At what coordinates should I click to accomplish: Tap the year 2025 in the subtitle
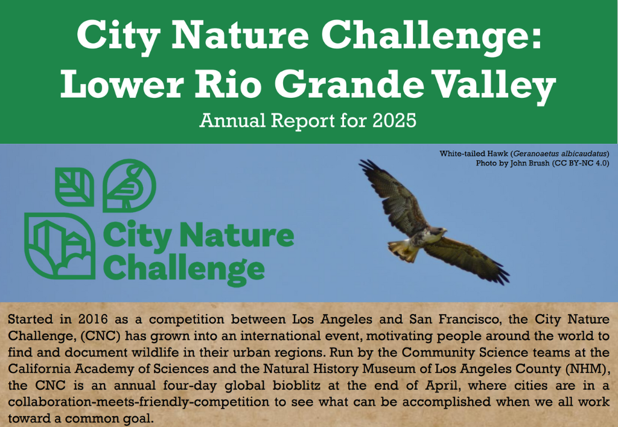tap(395, 120)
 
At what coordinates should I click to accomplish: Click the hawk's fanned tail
tap(403, 251)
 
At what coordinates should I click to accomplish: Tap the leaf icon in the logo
tap(74, 187)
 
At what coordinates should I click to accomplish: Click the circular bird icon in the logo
tap(129, 185)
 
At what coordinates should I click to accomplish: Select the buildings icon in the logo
tap(60, 246)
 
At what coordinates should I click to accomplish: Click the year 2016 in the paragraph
tap(95, 319)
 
